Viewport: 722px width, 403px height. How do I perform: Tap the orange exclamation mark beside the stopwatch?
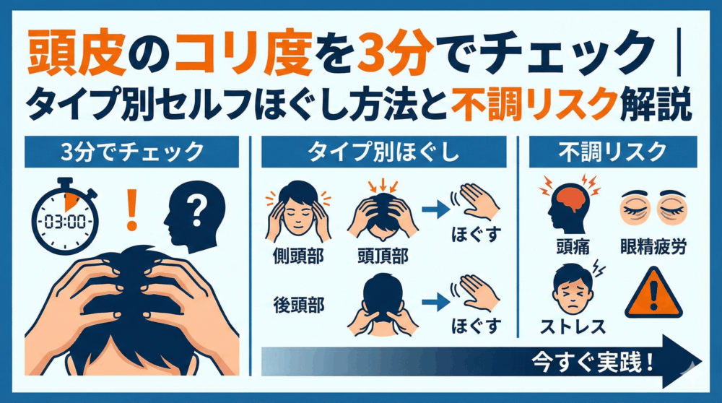(x=132, y=210)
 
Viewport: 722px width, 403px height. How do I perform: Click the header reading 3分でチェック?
(x=131, y=152)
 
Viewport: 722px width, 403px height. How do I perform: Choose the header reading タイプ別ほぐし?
(x=383, y=152)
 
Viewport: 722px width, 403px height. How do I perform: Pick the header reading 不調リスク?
(x=612, y=152)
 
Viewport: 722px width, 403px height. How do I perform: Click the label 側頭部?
(x=298, y=256)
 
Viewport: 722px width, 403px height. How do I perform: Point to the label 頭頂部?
(x=383, y=256)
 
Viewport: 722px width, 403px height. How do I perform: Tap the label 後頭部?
(x=299, y=305)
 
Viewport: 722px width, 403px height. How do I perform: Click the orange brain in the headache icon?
(x=570, y=199)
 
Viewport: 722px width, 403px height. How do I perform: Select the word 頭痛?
(x=573, y=247)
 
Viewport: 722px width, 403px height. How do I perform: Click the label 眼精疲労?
(x=653, y=247)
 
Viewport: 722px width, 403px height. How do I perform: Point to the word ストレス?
(x=573, y=326)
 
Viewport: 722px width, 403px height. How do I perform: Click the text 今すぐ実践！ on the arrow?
(x=593, y=362)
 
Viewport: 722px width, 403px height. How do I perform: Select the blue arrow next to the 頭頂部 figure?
(x=435, y=209)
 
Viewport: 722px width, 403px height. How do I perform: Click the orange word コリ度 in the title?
(x=244, y=53)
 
